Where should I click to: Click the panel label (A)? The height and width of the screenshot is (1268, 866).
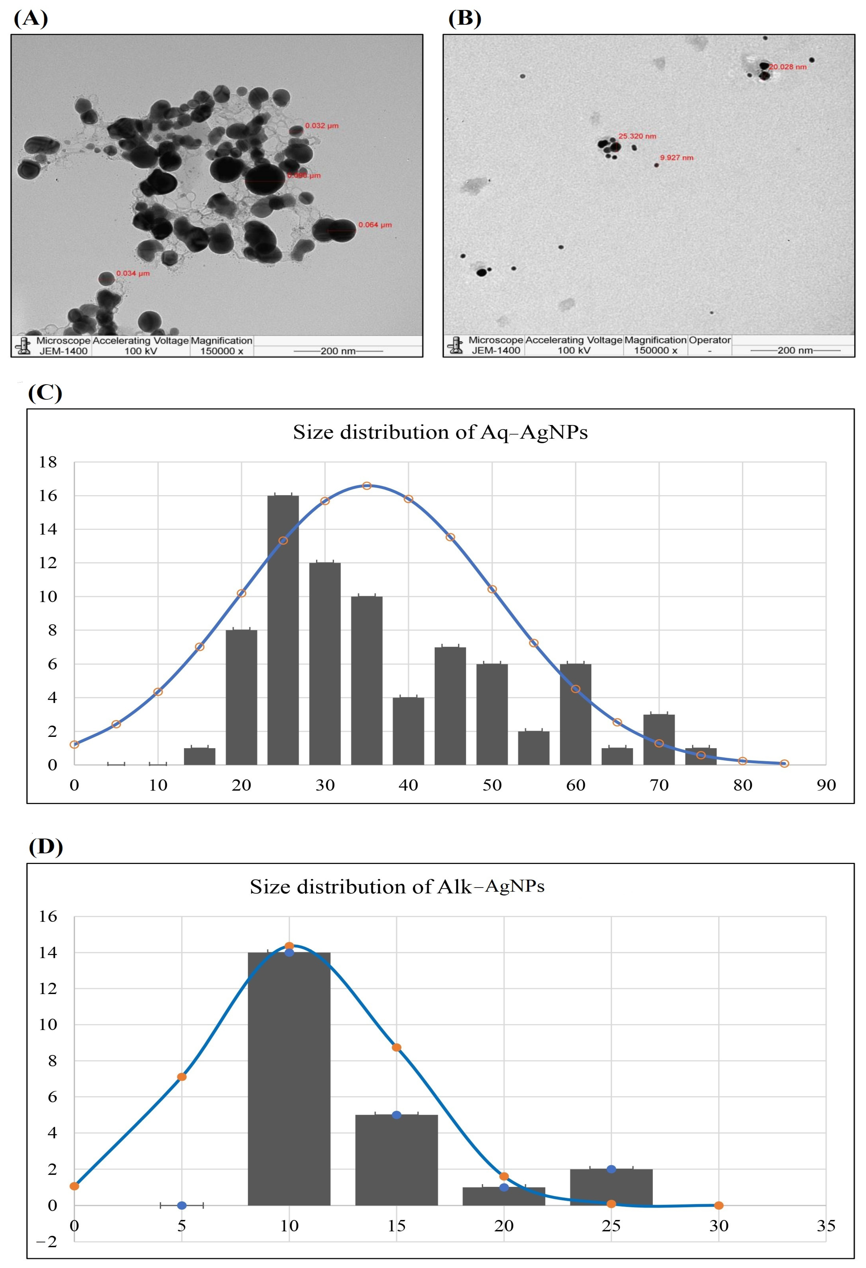(x=30, y=19)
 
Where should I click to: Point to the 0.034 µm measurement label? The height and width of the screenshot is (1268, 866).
(x=133, y=273)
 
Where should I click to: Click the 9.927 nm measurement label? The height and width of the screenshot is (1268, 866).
(x=677, y=158)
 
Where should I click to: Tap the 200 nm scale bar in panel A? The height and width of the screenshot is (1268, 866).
(x=338, y=351)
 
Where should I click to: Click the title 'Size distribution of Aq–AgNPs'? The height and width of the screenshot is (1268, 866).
(x=440, y=432)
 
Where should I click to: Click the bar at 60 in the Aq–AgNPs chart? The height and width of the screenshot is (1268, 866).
(x=576, y=715)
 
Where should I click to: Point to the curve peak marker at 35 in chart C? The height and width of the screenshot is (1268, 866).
(x=367, y=486)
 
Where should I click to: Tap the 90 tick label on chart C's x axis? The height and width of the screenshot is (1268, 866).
(x=826, y=785)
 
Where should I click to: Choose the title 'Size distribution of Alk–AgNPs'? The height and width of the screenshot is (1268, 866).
(x=397, y=887)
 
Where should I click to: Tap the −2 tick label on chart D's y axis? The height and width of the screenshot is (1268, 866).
(x=47, y=1242)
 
